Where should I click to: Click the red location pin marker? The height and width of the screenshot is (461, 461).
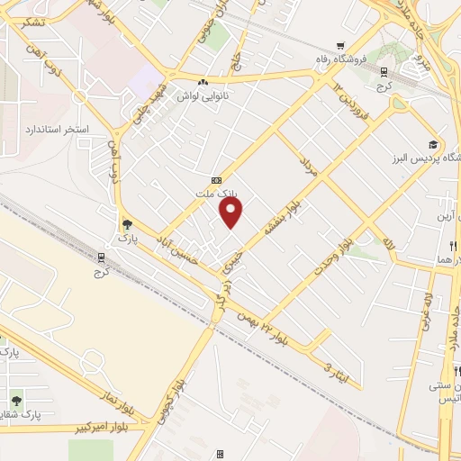pos(231,212)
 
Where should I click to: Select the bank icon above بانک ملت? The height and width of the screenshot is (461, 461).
pos(215,179)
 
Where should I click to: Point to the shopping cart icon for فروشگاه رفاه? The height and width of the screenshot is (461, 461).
pos(339,46)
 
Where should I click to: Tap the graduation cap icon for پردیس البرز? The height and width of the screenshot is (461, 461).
pos(433,145)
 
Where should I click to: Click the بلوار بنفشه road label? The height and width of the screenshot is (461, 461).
pos(278,216)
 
